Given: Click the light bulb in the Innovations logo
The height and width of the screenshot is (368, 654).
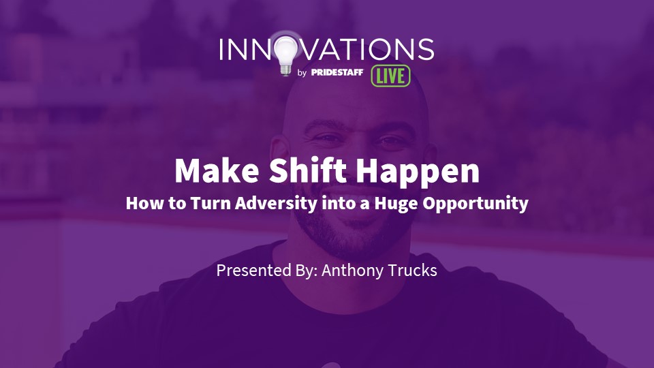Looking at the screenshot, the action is click(285, 53).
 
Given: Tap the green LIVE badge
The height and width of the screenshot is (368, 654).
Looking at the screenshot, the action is click(390, 76).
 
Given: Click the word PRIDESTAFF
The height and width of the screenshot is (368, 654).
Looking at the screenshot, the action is click(337, 72).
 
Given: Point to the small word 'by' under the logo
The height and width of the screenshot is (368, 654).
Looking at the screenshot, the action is click(302, 73).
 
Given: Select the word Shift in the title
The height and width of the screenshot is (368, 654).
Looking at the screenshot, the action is click(307, 170).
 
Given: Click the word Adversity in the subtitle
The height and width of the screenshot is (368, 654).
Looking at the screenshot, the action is click(276, 203).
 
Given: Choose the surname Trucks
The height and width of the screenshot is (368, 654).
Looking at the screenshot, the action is click(413, 270).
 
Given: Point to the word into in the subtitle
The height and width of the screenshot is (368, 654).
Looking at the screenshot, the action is click(336, 203).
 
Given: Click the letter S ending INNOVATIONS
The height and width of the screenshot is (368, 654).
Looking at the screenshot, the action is click(425, 49).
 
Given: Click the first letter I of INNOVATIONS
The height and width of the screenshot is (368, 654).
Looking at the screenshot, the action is click(221, 49).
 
